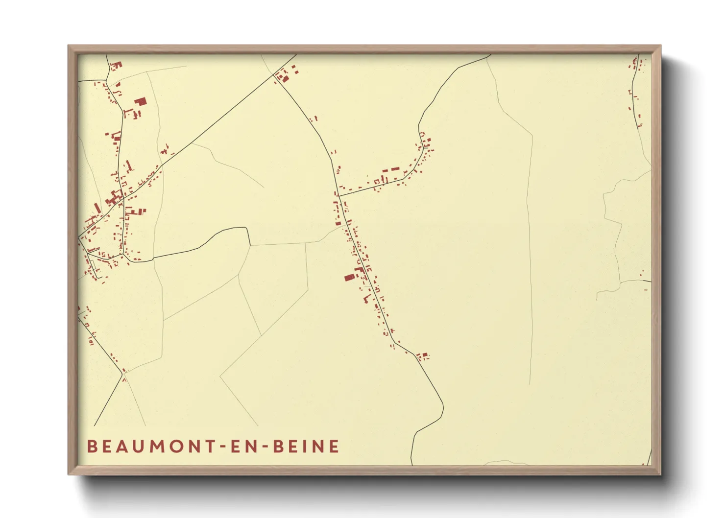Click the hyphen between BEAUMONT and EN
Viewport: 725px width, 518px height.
218,447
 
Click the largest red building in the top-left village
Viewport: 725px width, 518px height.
141,102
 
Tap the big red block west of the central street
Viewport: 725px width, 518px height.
349,278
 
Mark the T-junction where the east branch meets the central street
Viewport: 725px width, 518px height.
338,196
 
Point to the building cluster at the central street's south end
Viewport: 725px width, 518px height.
422,355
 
